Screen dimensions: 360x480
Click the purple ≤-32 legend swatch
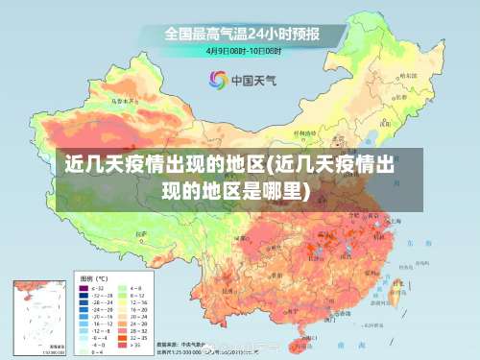click(84, 287)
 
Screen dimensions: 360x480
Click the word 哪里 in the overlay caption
click(277, 189)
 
